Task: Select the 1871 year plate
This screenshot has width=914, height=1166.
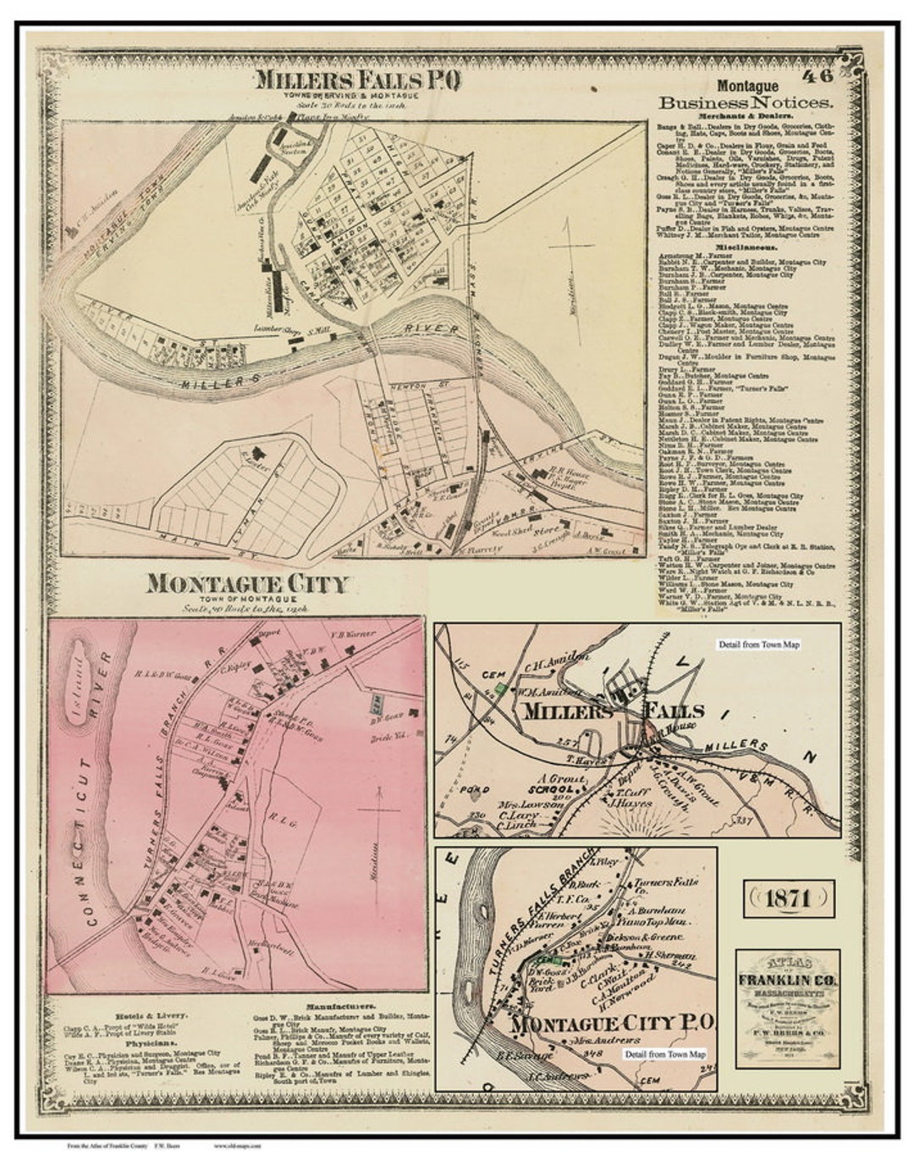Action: (x=789, y=899)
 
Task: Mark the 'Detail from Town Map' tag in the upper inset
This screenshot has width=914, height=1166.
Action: (x=758, y=644)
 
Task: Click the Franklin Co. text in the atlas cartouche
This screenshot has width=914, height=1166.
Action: (x=788, y=981)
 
